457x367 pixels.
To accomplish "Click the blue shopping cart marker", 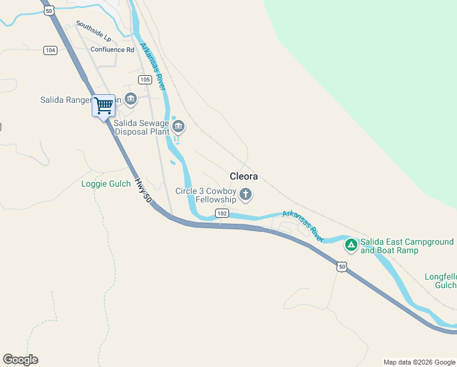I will pos(103,106).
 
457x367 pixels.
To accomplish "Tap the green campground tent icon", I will pos(351,246).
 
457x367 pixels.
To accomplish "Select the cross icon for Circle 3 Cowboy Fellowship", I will pos(246,195).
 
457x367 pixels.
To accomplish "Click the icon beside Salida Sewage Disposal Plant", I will pos(178,127).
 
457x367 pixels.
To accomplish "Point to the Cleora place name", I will pos(244,176).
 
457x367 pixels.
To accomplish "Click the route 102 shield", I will pos(222,213).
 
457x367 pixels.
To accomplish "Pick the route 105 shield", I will pos(145,80).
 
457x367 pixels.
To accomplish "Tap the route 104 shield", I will pos(50,50).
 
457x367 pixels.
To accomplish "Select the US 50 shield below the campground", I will pos(342,267).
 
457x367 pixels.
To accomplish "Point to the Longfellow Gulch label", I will pos(441,281).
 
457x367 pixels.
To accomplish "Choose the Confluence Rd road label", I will pos(112,50).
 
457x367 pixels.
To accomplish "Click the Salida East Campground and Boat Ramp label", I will pos(407,246).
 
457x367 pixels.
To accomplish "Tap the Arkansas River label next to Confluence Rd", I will pos(153,67).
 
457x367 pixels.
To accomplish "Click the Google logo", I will pos(21,360).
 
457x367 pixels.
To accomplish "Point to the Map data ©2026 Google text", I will pos(419,362).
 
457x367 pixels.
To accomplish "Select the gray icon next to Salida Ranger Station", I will pos(131,98).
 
